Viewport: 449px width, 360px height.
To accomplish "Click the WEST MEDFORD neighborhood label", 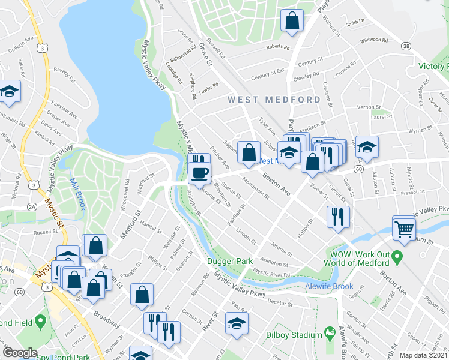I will pos(273,99).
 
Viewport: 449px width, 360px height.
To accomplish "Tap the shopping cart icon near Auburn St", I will pos(404,228).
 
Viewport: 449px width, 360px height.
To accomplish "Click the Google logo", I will pos(20,353).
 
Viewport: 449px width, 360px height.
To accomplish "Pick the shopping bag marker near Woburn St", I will pos(292,21).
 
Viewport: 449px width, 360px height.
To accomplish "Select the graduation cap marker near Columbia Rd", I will pos(10,92).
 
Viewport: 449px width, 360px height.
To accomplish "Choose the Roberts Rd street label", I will pos(278,47).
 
